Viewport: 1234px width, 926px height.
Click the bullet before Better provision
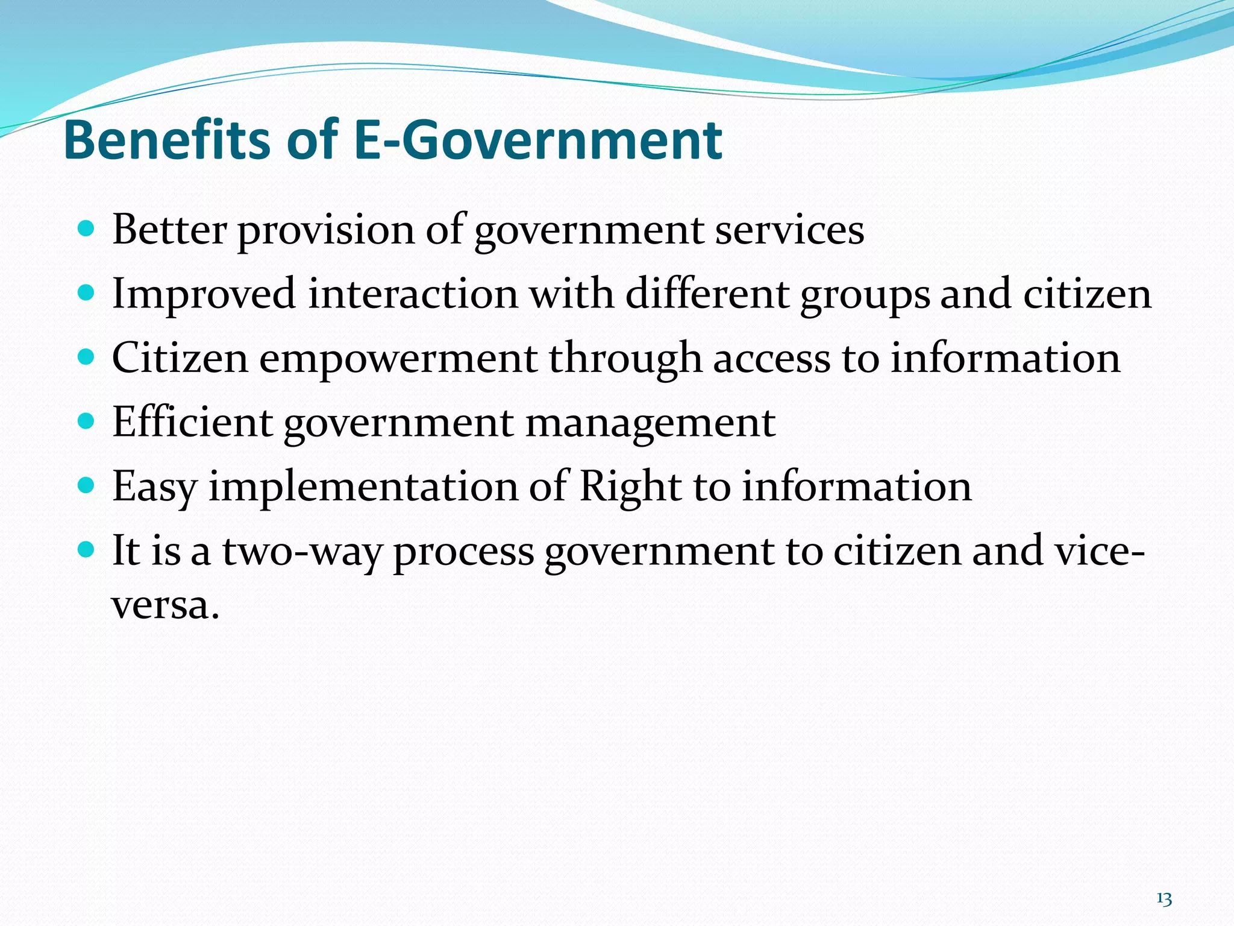pyautogui.click(x=87, y=230)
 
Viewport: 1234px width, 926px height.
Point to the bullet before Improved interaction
pyautogui.click(x=87, y=294)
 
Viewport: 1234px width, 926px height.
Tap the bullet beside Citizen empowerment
pyautogui.click(x=87, y=357)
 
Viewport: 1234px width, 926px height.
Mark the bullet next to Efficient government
pyautogui.click(x=87, y=421)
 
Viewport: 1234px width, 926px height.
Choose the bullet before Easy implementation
pyautogui.click(x=87, y=485)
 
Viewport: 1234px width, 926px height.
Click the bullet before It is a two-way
pyautogui.click(x=87, y=549)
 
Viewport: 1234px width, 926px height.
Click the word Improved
pyautogui.click(x=204, y=294)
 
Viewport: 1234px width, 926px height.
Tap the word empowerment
pyautogui.click(x=398, y=359)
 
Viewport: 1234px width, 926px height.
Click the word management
pyautogui.click(x=650, y=424)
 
